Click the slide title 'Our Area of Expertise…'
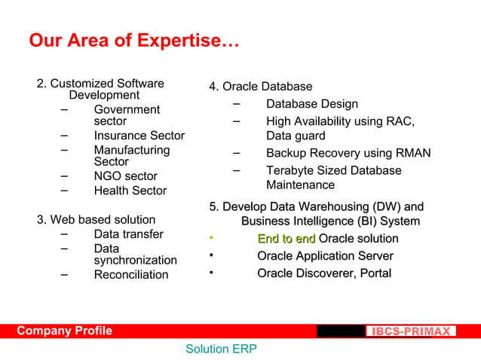133,41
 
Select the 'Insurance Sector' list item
139,136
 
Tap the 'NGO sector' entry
125,176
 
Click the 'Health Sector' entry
130,191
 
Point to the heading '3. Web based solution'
96,220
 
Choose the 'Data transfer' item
128,234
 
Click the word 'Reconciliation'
131,274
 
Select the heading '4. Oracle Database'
260,87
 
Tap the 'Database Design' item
311,104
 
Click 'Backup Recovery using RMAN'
348,153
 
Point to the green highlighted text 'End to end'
286,239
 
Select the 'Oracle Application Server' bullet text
325,256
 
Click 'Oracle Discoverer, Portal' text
323,273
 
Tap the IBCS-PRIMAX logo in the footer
411,331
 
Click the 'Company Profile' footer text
65,331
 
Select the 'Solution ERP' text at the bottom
221,349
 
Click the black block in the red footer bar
340,331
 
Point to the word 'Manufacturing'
131,150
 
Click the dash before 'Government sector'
65,108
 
